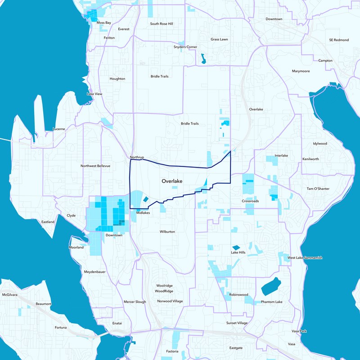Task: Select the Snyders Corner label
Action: tap(185, 47)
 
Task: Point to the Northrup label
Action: tap(136, 157)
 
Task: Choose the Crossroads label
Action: tap(250, 201)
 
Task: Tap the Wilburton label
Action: tap(167, 232)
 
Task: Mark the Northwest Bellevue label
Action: tap(95, 166)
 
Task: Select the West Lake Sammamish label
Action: tap(305, 257)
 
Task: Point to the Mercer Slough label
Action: tap(135, 301)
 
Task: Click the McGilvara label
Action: tap(9, 294)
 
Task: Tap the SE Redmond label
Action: tap(339, 40)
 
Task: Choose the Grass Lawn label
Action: tap(219, 39)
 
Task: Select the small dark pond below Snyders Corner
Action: tap(203, 58)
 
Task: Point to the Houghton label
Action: tap(117, 79)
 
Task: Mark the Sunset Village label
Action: tap(237, 323)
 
